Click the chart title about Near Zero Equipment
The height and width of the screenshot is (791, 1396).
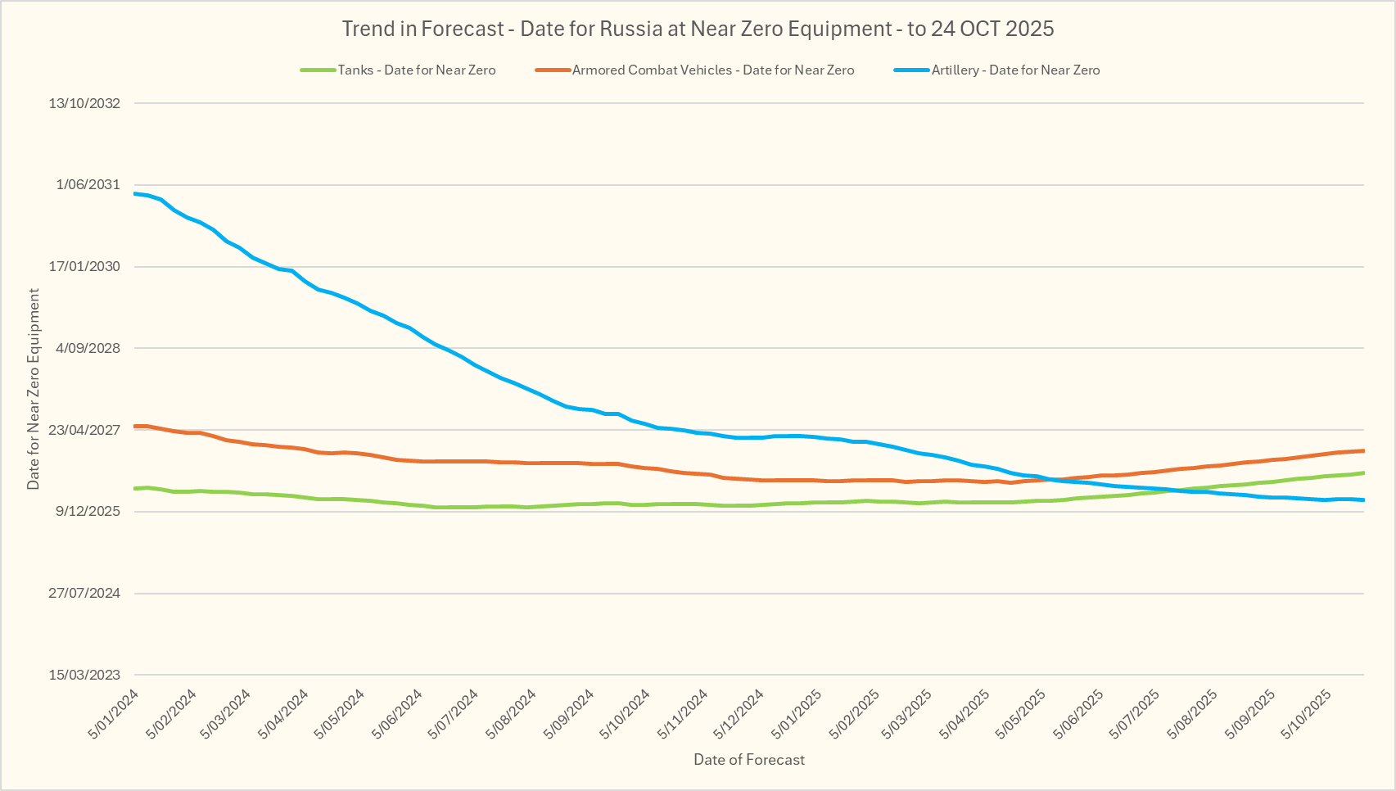698,29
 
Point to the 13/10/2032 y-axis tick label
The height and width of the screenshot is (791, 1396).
84,103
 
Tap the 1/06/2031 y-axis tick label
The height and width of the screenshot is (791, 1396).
88,185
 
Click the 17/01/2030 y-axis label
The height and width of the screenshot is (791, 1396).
84,267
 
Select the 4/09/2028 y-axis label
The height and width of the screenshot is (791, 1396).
88,348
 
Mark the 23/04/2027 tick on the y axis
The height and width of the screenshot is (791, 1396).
84,430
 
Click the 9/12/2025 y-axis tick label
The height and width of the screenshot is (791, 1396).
88,512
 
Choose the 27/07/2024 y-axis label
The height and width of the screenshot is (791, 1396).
84,593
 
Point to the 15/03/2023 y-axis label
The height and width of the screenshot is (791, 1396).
84,675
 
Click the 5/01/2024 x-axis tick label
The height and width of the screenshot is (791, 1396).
114,714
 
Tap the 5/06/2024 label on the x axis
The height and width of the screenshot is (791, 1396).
398,714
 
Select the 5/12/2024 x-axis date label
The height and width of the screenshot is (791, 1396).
739,714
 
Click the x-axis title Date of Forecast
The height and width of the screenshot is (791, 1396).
749,760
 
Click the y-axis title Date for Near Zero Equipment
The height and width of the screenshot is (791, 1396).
34,389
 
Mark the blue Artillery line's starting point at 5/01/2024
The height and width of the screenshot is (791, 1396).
135,193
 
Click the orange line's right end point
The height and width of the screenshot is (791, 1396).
1363,450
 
